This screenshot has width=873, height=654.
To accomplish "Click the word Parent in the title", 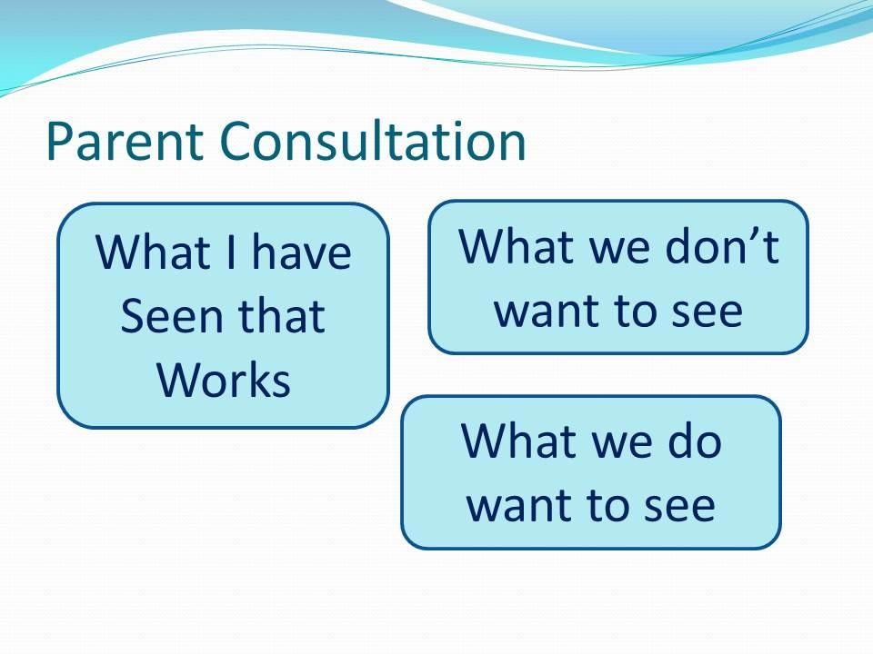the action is click(x=125, y=141).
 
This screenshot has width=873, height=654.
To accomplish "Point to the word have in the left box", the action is click(x=302, y=252).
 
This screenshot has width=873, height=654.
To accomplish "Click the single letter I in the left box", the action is click(x=231, y=252).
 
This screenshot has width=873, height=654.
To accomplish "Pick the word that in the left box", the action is click(x=282, y=315).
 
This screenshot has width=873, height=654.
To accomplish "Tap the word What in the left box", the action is click(x=153, y=252).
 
